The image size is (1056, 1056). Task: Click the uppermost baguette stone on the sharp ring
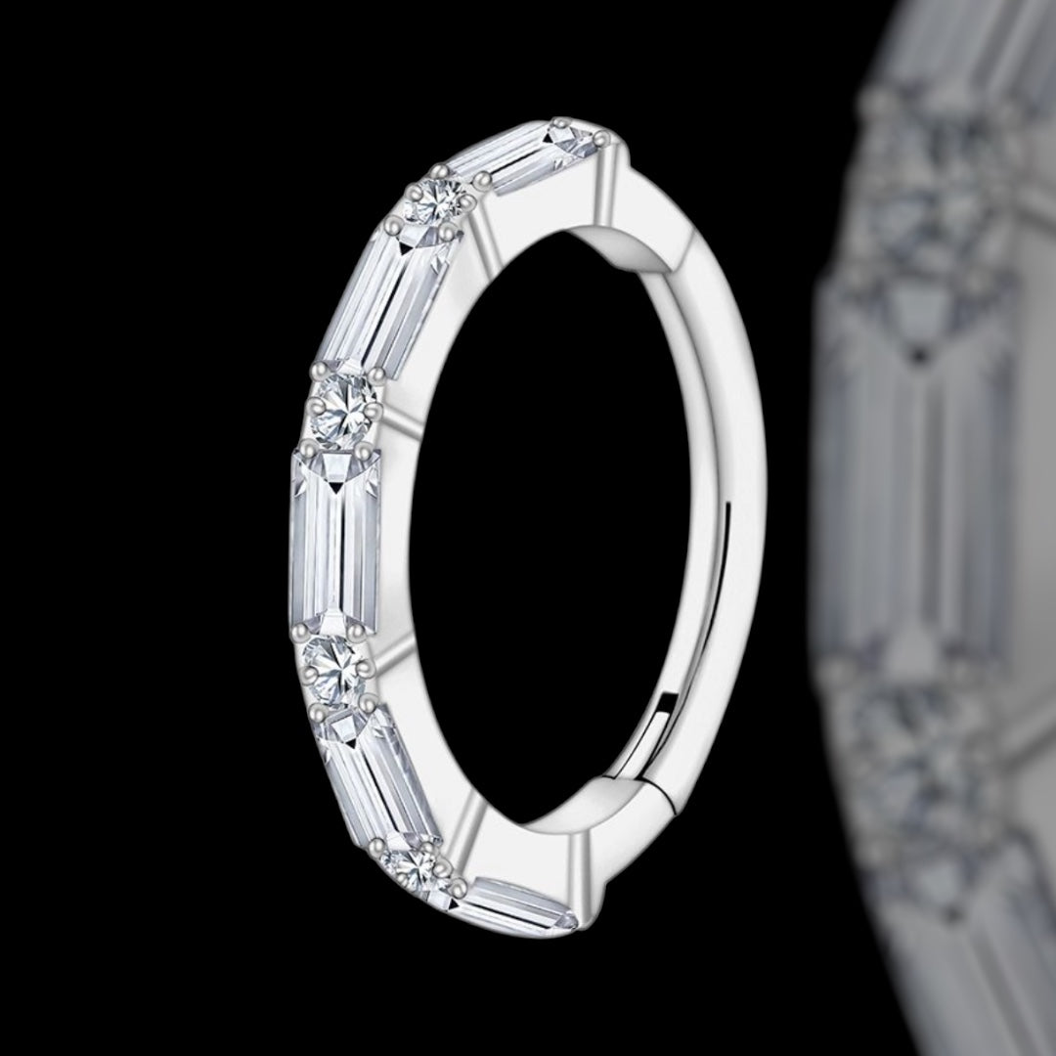point(528,156)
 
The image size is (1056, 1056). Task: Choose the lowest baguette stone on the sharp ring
point(518,900)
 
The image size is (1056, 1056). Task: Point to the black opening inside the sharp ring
point(548,528)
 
